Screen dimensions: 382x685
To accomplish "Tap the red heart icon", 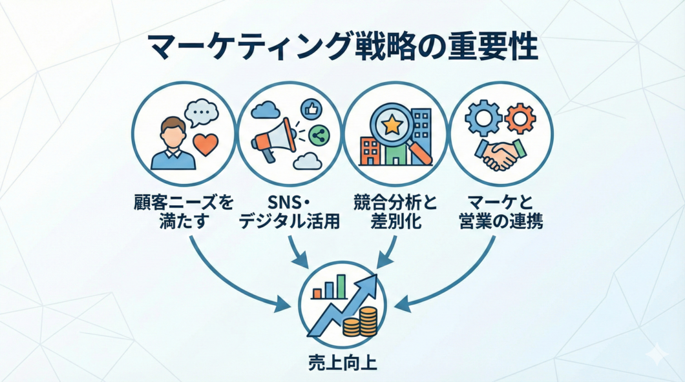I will tap(205, 145).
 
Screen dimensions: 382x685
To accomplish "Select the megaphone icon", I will tap(271, 143).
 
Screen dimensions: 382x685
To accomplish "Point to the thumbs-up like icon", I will tap(311, 110).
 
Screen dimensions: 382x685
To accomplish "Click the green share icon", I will tap(318, 135).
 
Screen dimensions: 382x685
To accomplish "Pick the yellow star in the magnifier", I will tap(392, 124).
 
